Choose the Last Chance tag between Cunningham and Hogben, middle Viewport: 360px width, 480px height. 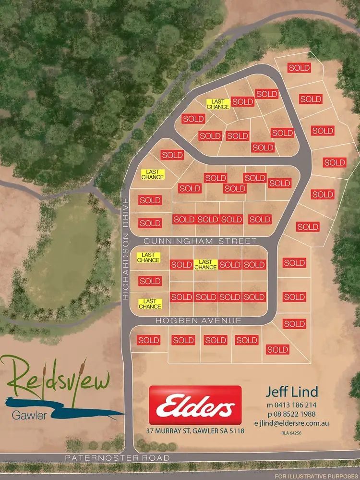coord(205,264)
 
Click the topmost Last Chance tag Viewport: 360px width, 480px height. coord(218,104)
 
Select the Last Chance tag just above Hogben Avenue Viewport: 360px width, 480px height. coord(150,304)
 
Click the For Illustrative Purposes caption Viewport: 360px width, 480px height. coord(326,476)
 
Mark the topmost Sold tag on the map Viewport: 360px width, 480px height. coord(299,68)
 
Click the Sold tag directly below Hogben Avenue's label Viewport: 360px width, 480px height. coord(215,340)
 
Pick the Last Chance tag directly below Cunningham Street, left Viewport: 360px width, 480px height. coord(148,258)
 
